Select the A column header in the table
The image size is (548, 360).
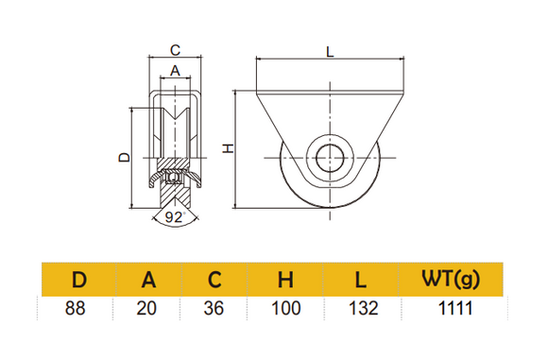[148, 280]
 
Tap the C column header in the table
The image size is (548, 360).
[216, 280]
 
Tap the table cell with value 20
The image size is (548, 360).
[148, 308]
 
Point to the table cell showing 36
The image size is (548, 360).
[216, 308]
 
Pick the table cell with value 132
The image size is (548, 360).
[363, 308]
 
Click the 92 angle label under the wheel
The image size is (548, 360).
[174, 216]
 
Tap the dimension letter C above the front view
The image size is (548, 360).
[174, 49]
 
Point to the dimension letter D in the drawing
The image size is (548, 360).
[122, 158]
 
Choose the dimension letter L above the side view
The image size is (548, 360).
[330, 53]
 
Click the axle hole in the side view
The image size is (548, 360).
[331, 157]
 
